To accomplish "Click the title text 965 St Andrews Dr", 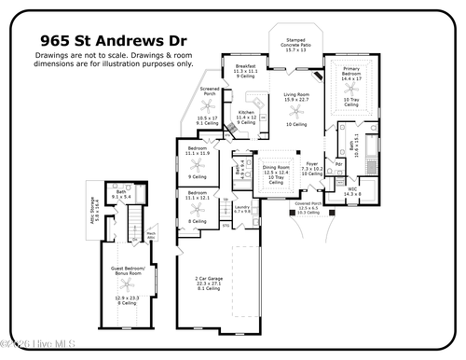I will (113, 40).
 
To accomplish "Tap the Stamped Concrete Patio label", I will (297, 44).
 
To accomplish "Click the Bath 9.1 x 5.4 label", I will (121, 193).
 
